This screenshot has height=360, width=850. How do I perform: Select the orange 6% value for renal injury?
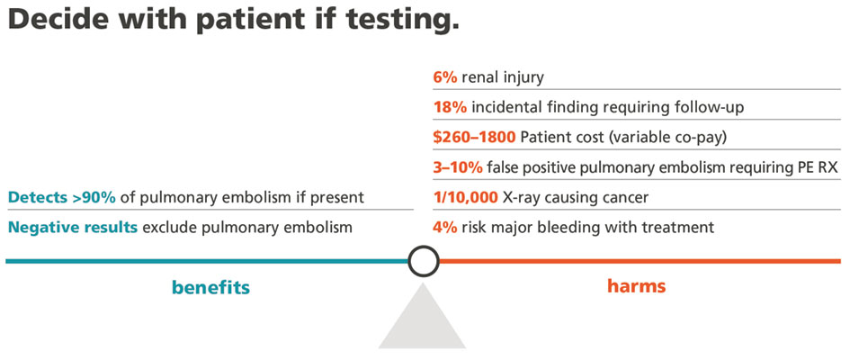click(x=445, y=77)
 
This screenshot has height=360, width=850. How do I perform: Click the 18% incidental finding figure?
click(x=450, y=107)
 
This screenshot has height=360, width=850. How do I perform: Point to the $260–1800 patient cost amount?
click(x=474, y=137)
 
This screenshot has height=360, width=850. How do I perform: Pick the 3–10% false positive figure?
click(x=458, y=167)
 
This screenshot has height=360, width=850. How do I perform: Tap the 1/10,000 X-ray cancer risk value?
click(x=465, y=197)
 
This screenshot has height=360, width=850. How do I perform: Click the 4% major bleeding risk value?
click(x=445, y=227)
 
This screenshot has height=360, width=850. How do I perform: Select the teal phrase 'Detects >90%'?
click(x=62, y=197)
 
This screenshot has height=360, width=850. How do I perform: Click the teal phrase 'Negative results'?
click(x=73, y=227)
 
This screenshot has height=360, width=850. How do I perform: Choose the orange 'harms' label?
click(x=637, y=285)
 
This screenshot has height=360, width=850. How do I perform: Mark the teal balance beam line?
click(x=207, y=261)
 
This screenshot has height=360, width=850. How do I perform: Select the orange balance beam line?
click(x=640, y=261)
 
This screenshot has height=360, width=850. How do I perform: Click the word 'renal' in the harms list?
click(x=479, y=77)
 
